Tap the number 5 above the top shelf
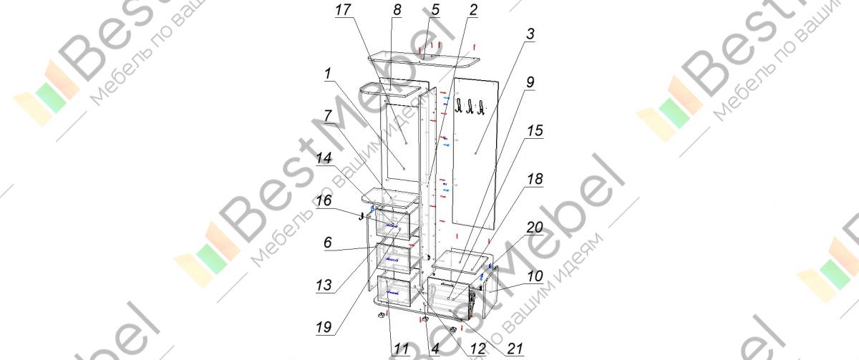click(435, 11)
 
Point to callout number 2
click(473, 10)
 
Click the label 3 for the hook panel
click(529, 35)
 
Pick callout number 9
click(529, 82)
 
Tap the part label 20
click(534, 228)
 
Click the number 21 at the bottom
click(514, 349)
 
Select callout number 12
click(477, 349)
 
